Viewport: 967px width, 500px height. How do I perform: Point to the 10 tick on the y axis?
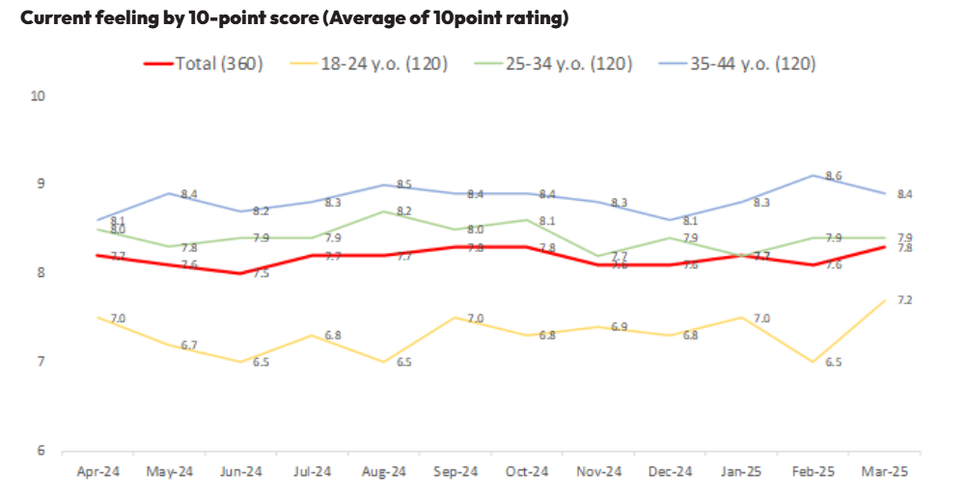39,96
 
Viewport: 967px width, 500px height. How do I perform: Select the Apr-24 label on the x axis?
97,471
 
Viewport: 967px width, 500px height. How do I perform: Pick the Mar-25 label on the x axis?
883,471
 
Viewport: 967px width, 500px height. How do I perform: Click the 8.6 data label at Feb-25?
833,176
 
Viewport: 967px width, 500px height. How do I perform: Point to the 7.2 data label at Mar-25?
904,300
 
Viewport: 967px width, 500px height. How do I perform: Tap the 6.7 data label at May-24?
188,345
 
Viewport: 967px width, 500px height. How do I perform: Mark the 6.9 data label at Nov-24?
619,327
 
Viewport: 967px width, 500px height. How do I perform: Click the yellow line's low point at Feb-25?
812,362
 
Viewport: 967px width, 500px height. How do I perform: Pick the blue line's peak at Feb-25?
812,175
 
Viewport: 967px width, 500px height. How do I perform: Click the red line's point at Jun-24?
240,273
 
